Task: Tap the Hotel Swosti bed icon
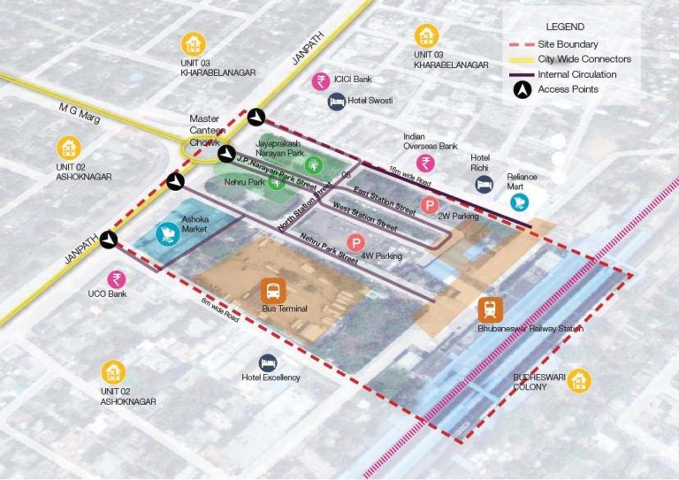click(x=337, y=102)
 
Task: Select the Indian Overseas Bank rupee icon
click(x=426, y=163)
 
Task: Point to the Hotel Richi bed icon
click(x=484, y=184)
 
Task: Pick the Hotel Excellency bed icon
click(x=268, y=362)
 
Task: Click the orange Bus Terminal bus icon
click(x=273, y=290)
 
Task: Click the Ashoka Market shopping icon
click(x=165, y=234)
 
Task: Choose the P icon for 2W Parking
click(x=429, y=207)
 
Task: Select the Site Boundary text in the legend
click(x=568, y=44)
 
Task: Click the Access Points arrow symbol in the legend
click(x=519, y=89)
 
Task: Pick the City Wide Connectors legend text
click(x=584, y=59)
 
